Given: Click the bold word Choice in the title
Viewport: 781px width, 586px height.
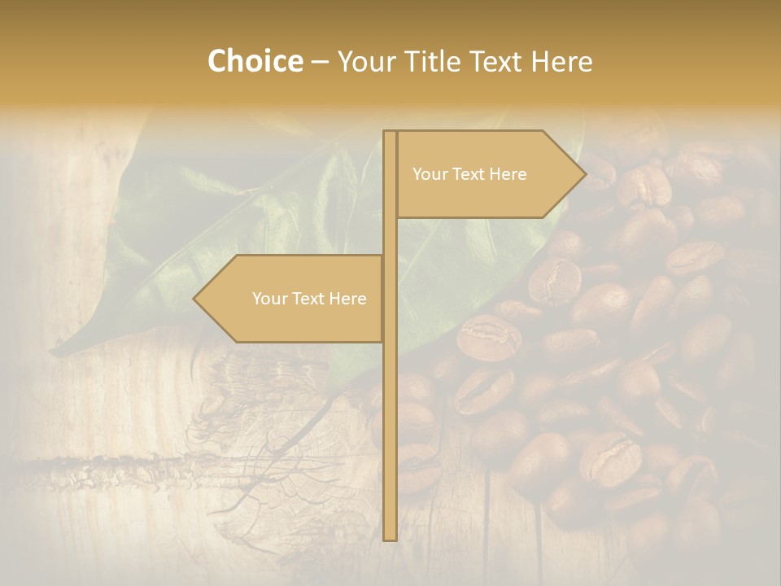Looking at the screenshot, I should tap(255, 61).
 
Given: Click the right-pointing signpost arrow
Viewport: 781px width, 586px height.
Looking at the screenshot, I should tap(488, 174).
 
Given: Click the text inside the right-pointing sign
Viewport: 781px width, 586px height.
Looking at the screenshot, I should tap(469, 174).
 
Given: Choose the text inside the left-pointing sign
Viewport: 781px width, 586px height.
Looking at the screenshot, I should tap(309, 299).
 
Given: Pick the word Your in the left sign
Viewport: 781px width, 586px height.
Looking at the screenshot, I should tap(268, 299).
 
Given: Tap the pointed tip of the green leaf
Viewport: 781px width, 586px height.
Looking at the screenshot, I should tap(54, 352).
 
